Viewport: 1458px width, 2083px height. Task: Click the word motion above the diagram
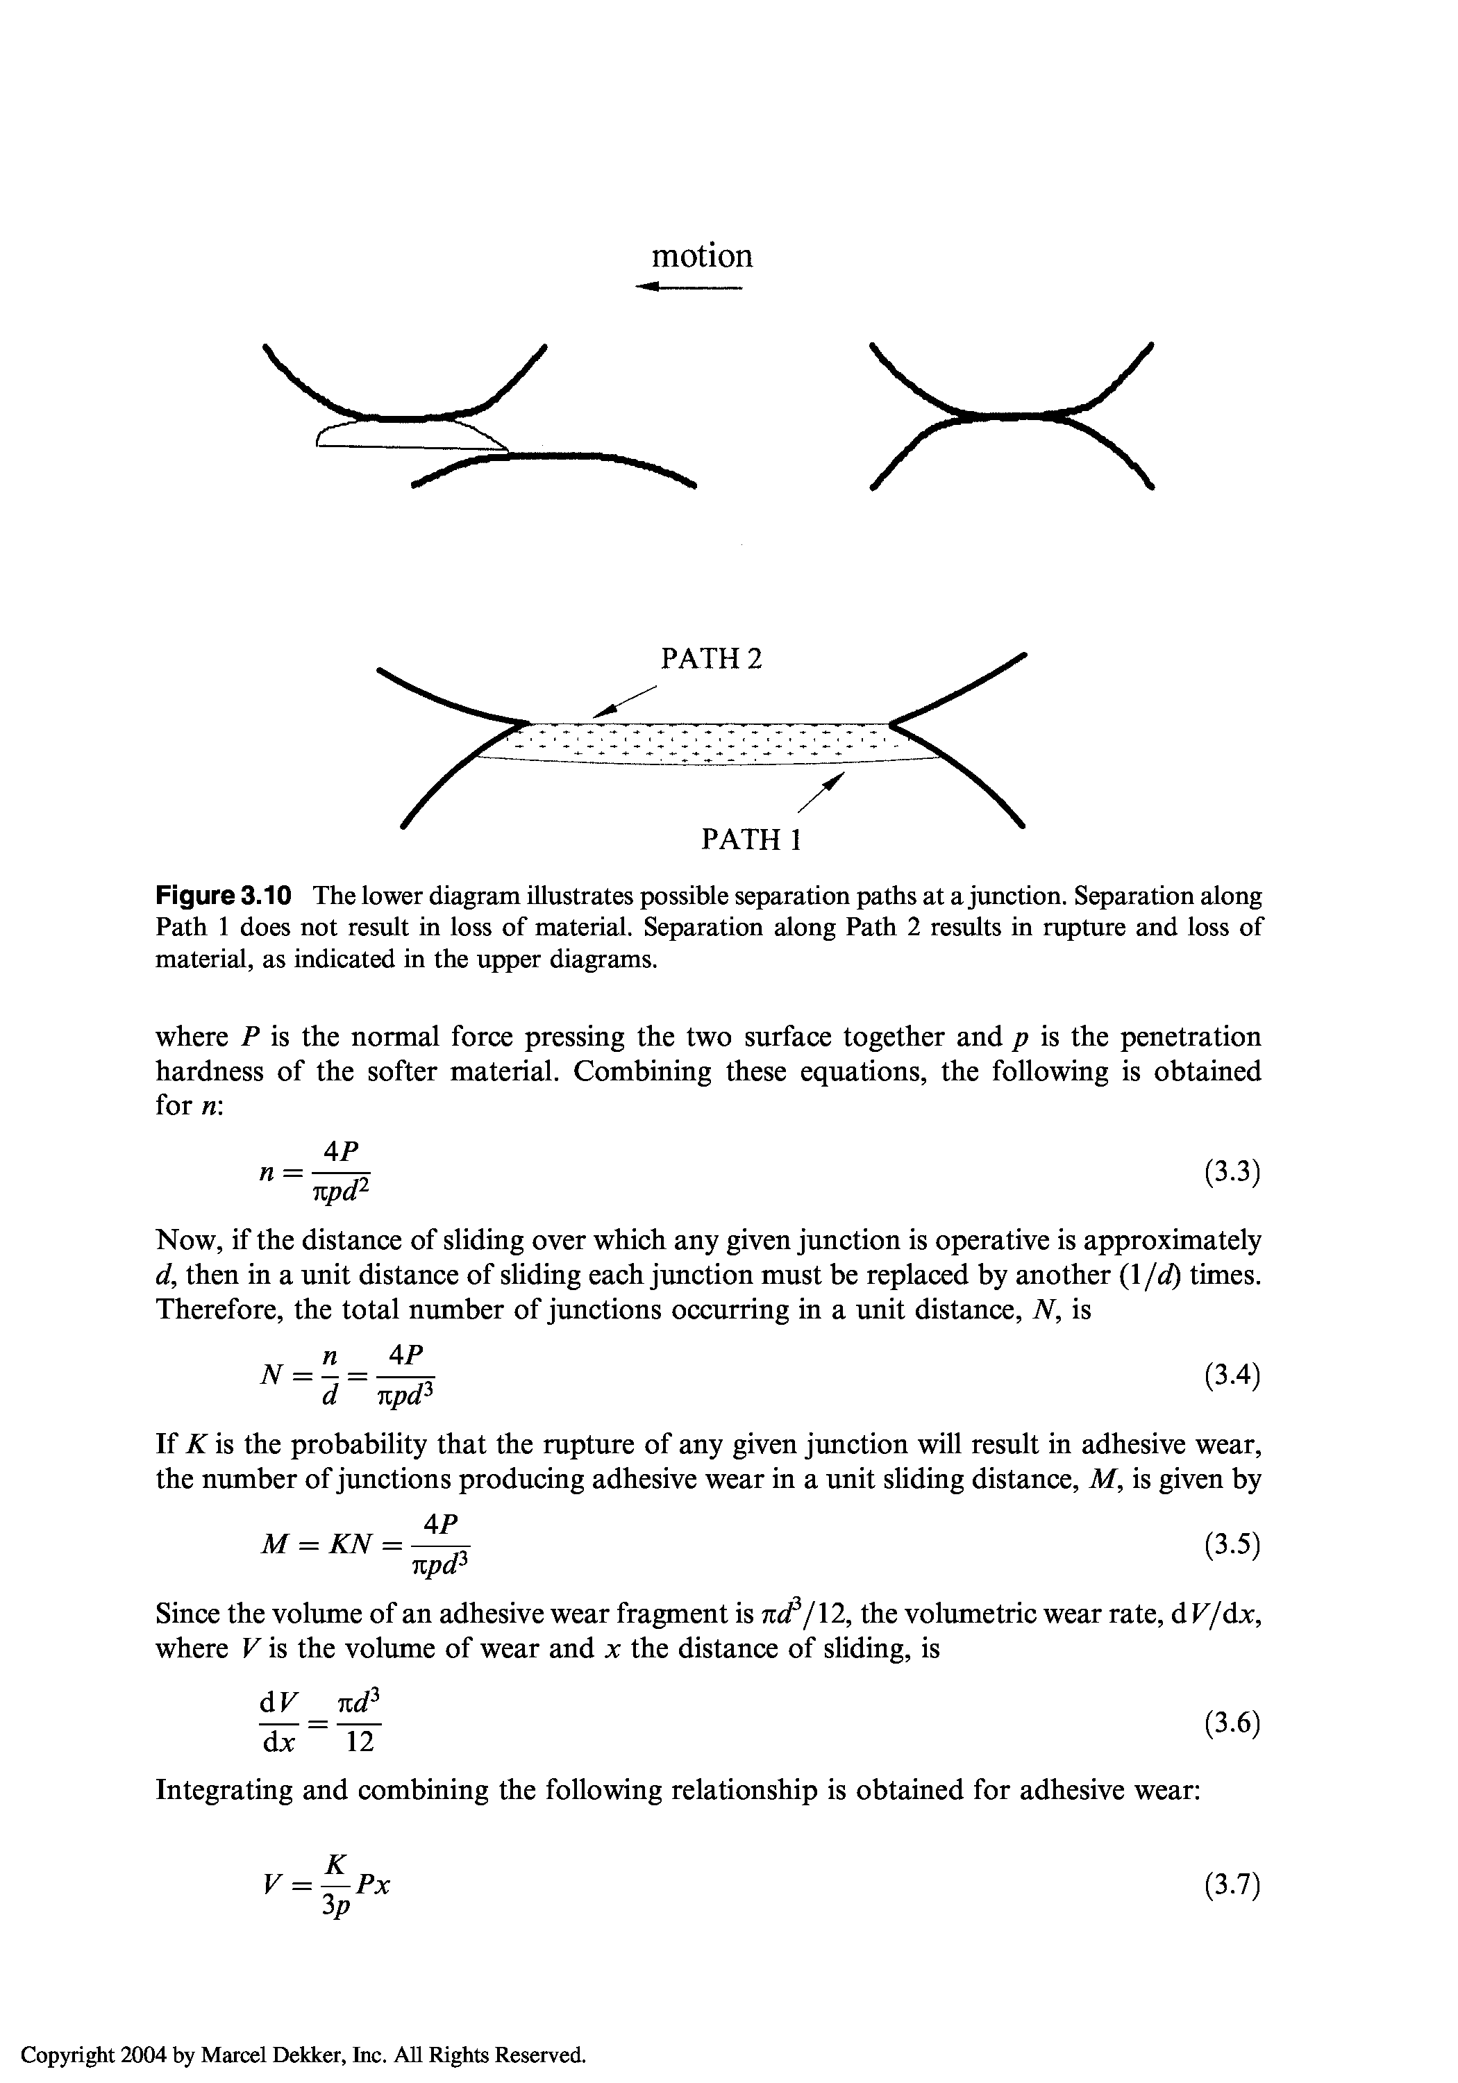pyautogui.click(x=702, y=257)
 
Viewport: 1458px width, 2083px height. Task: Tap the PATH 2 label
pyautogui.click(x=712, y=659)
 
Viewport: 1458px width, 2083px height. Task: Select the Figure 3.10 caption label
pyautogui.click(x=223, y=896)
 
